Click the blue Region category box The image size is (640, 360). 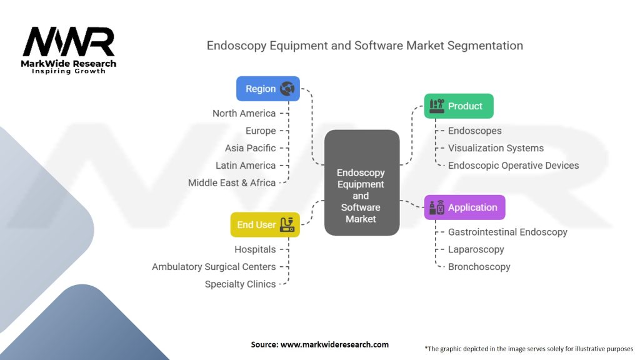267,89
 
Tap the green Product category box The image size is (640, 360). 459,106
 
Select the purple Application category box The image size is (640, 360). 464,207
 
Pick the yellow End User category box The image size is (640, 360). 265,224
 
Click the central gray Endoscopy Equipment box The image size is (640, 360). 361,182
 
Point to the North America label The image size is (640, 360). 244,113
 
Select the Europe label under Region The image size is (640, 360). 261,131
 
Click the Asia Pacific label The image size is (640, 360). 250,148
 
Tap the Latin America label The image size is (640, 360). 246,166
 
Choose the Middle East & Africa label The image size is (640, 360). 232,183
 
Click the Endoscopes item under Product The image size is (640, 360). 475,131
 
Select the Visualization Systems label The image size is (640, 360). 496,148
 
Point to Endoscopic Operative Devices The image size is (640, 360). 513,166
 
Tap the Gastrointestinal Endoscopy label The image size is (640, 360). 507,232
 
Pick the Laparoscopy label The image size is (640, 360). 476,249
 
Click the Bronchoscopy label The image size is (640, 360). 479,267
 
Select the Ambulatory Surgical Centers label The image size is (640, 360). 214,267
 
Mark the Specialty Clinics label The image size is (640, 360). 240,284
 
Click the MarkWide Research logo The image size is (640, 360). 69,50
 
